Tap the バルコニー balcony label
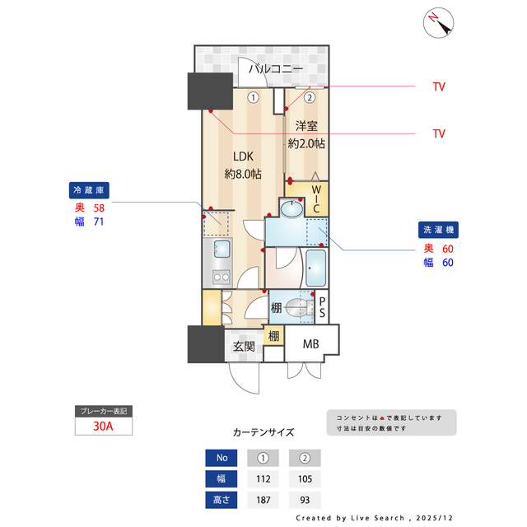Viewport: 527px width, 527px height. [x=276, y=69]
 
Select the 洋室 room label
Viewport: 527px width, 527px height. [x=307, y=126]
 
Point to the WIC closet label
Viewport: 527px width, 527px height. [x=316, y=201]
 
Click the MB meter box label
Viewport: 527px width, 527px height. [x=310, y=344]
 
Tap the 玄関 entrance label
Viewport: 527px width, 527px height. [x=243, y=347]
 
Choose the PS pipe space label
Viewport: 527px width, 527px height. [x=323, y=307]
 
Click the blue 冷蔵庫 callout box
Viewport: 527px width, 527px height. [x=88, y=190]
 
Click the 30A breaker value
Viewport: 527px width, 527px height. [x=103, y=427]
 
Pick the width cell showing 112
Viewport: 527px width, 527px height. [x=263, y=478]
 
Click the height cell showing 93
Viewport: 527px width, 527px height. [x=305, y=499]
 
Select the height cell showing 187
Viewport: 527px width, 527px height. [x=263, y=499]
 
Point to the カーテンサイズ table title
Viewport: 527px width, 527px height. [x=263, y=431]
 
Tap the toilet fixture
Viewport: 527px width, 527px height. [x=299, y=308]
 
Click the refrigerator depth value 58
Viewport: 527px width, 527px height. [x=99, y=208]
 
